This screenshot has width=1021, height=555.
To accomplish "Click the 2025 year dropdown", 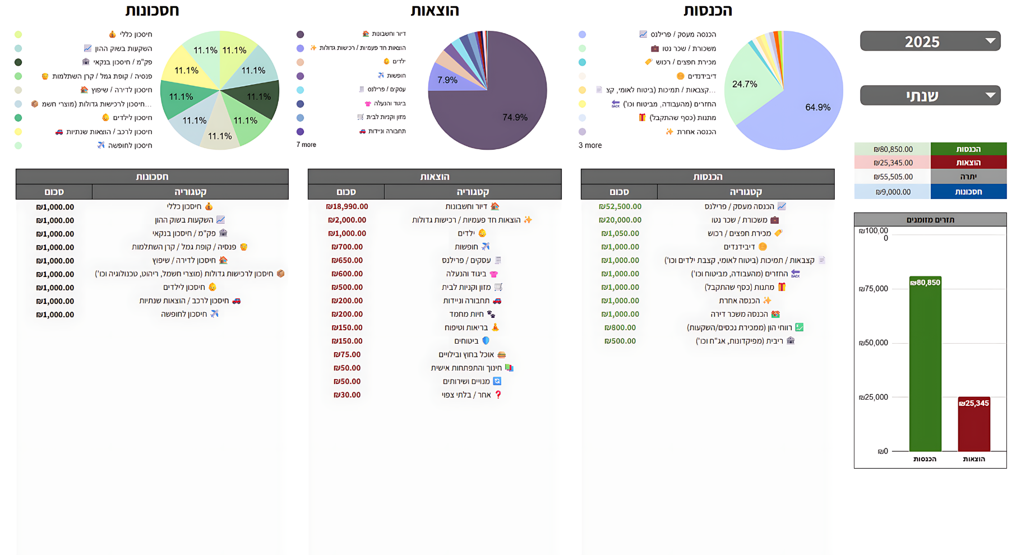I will (930, 41).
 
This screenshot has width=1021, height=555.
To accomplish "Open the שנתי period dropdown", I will (930, 95).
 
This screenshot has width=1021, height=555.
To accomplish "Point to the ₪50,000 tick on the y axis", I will (874, 343).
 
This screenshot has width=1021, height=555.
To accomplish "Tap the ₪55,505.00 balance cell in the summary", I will (893, 177).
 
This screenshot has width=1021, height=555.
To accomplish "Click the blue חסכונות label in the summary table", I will (968, 192).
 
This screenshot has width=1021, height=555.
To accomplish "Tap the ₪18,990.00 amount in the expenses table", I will (347, 206).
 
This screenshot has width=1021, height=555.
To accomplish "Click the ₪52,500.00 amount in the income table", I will (620, 206).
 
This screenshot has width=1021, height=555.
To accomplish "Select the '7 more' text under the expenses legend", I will (306, 145).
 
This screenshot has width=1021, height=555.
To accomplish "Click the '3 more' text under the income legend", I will (590, 145).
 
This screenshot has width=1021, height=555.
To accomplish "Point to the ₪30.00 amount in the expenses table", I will (347, 395).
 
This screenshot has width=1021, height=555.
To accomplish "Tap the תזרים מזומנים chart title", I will (930, 220).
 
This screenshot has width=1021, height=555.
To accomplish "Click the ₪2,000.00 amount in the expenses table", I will (347, 220).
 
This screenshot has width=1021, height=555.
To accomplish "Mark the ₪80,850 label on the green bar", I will (925, 283).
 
